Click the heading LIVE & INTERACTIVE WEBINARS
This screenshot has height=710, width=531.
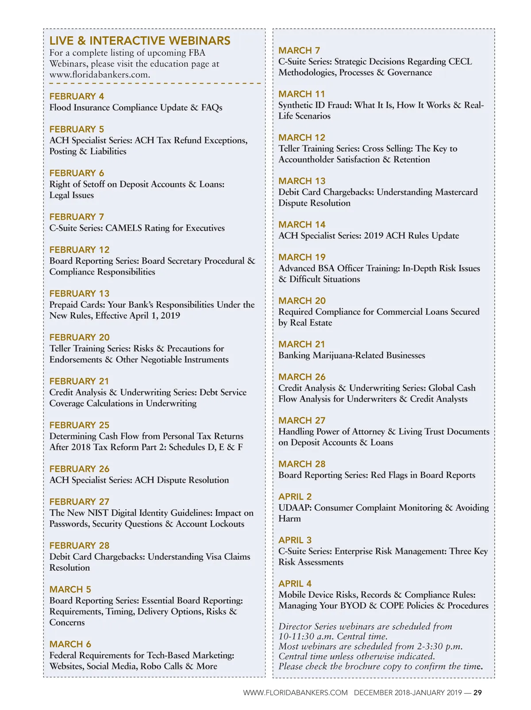[140, 41]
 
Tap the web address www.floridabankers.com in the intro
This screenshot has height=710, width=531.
[100, 75]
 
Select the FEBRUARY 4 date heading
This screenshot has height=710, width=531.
[77, 96]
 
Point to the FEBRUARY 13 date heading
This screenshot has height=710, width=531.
[79, 294]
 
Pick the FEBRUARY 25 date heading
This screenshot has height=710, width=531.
[79, 425]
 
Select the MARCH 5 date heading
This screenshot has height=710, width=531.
[70, 589]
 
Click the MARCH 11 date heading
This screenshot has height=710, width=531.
[301, 94]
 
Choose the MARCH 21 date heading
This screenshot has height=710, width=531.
[301, 344]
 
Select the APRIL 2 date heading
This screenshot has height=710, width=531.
[295, 496]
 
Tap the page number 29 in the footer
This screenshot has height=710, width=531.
[477, 693]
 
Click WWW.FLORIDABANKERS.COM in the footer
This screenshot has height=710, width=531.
[295, 693]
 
